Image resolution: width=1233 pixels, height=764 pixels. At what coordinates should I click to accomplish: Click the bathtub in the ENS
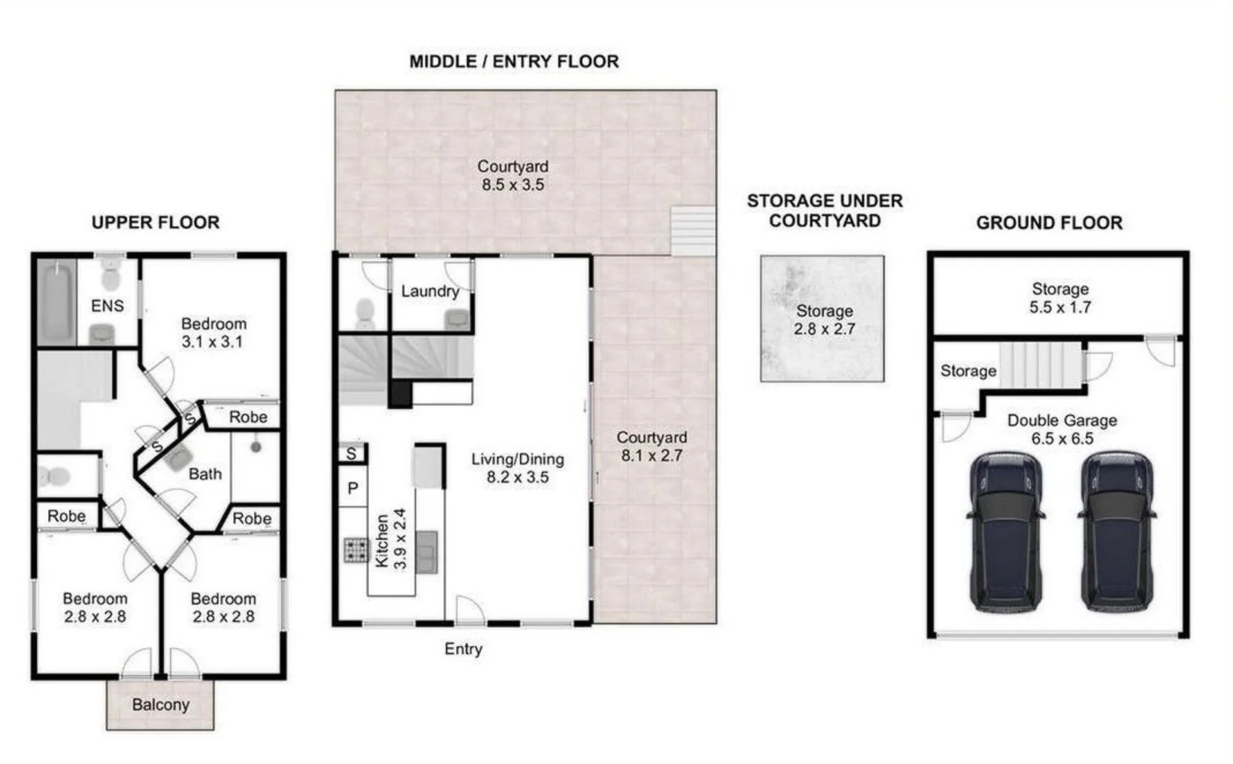click(x=57, y=301)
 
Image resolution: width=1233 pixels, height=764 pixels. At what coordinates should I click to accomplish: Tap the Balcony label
click(x=161, y=705)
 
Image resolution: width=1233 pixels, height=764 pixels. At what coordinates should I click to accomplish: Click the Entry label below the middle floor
click(x=463, y=649)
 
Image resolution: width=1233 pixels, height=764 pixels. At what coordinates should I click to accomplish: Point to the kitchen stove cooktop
click(x=355, y=549)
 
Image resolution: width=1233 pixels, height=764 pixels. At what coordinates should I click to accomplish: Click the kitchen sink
click(x=427, y=552)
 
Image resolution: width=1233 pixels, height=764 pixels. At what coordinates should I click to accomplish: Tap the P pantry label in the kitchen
click(x=353, y=488)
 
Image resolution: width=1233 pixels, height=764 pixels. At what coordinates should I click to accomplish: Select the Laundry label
click(x=430, y=291)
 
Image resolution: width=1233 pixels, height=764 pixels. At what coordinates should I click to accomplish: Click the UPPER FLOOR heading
click(x=155, y=222)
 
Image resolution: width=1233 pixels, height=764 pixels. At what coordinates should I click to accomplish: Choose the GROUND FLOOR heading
click(x=1049, y=223)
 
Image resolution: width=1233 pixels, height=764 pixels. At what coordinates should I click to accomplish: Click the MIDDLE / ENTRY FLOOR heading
click(x=514, y=62)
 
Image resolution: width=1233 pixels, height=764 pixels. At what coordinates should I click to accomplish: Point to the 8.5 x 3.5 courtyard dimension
click(x=513, y=185)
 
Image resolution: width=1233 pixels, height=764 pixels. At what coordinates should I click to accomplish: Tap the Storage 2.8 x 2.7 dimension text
click(x=824, y=329)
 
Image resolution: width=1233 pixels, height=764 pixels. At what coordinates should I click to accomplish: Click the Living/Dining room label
click(x=518, y=459)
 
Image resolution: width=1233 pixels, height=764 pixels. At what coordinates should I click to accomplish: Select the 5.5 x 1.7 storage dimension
click(x=1060, y=307)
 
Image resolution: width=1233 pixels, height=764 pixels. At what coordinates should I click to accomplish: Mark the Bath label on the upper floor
click(x=205, y=474)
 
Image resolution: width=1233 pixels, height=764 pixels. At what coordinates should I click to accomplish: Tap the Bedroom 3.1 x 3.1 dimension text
click(x=212, y=342)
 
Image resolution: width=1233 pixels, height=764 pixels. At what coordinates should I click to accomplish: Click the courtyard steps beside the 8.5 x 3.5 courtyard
click(x=693, y=231)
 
